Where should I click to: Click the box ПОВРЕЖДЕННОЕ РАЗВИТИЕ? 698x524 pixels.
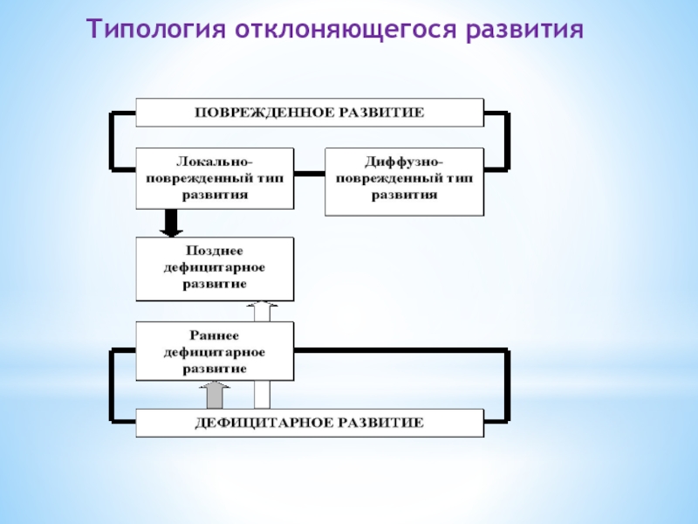tap(310, 113)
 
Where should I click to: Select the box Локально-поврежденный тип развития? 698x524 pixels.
tap(215, 178)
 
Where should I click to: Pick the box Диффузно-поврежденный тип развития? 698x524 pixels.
tap(404, 182)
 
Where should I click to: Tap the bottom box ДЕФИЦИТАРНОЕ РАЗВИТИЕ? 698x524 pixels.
tap(310, 423)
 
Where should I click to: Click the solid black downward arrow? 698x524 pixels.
tap(172, 224)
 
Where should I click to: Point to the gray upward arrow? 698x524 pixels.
tap(215, 395)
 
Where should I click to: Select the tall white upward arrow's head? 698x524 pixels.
tap(263, 308)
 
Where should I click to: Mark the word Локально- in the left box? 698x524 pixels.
tap(215, 162)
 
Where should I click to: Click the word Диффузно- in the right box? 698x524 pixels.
tap(404, 163)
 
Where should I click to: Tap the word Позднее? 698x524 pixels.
tap(215, 251)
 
